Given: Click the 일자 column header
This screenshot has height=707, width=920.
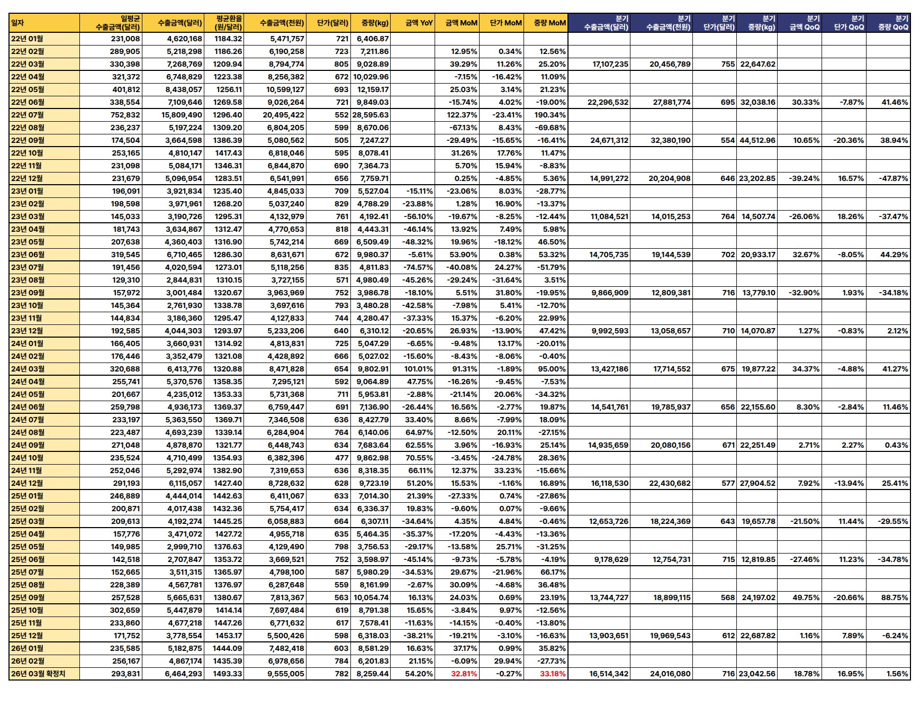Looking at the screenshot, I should tap(18, 23).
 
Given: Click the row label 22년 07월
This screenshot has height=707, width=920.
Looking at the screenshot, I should tap(28, 115).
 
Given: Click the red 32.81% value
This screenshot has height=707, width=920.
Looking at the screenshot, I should tap(464, 674).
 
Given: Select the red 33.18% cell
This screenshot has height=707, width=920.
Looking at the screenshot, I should tap(553, 674).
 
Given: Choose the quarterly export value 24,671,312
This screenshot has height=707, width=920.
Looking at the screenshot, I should tap(609, 140).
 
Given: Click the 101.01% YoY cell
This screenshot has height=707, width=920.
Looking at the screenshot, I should tap(419, 369).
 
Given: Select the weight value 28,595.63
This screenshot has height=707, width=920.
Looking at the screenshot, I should tap(371, 115).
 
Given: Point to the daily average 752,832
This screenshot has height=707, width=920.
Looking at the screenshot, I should tap(126, 115).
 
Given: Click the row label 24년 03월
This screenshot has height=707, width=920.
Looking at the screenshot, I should tap(28, 369).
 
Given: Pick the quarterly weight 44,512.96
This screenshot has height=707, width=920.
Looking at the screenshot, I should tap(757, 140).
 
